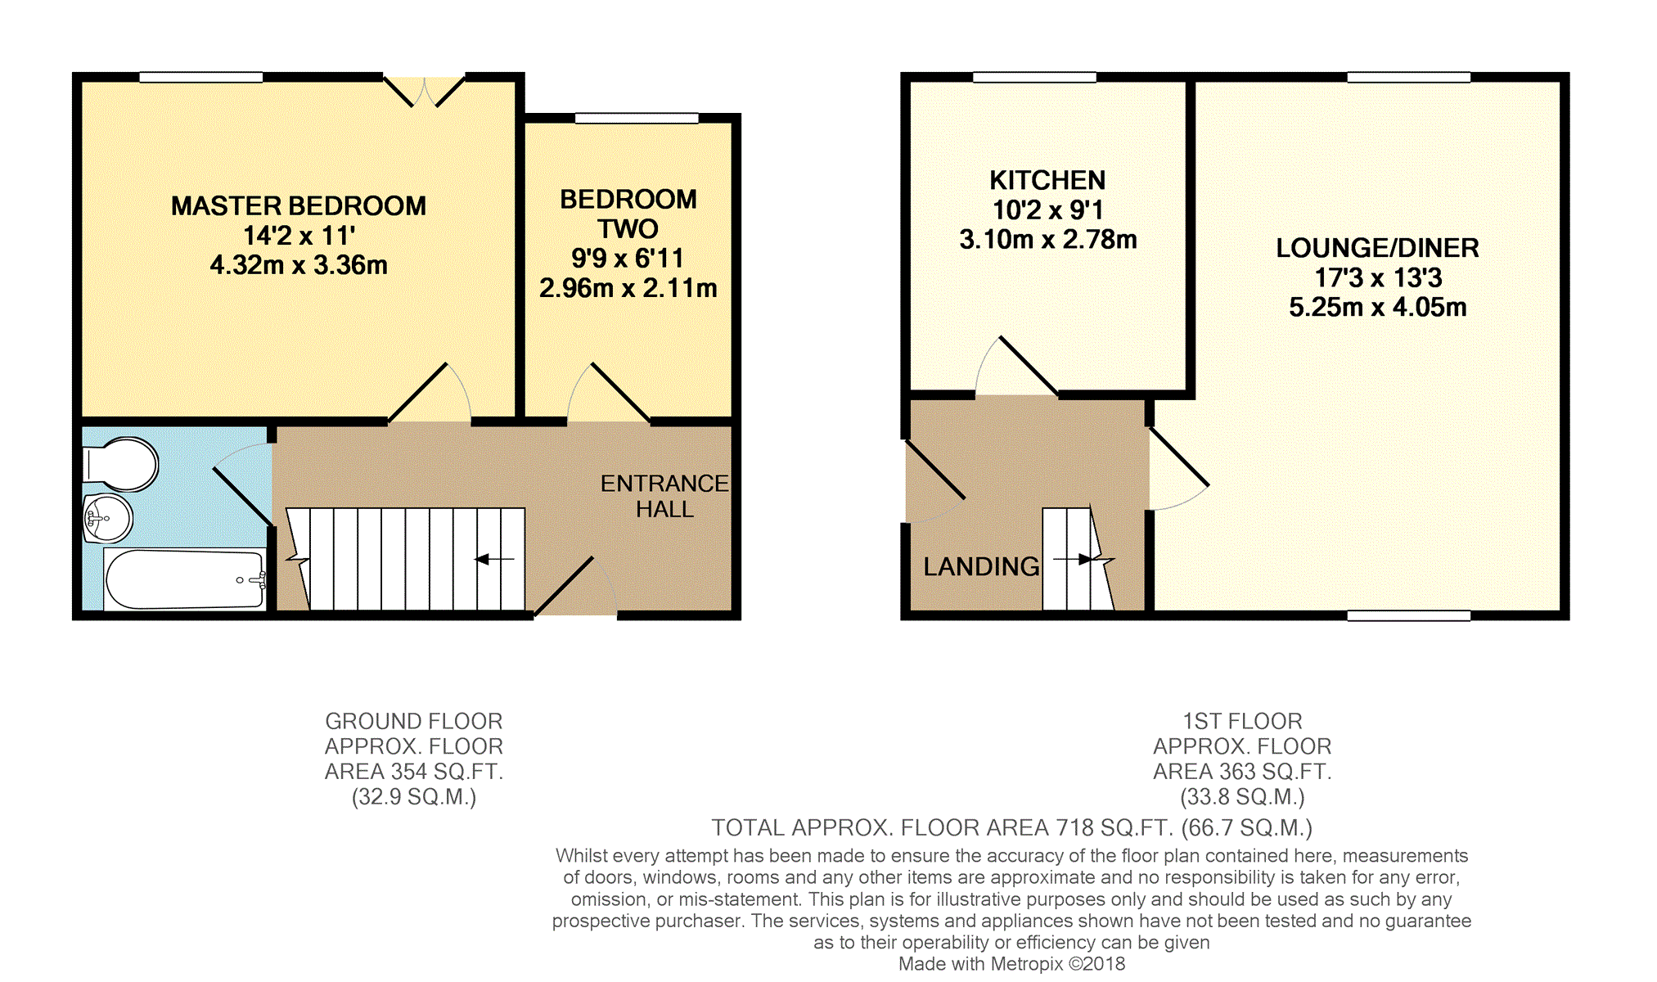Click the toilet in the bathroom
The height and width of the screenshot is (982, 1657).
click(x=121, y=464)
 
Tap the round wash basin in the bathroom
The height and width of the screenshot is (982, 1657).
click(x=108, y=518)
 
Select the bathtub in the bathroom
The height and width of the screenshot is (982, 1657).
click(x=185, y=579)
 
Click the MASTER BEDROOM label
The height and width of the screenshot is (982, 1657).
click(x=299, y=205)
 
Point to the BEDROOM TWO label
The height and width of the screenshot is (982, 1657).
click(x=628, y=214)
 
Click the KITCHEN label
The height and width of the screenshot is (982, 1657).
click(x=1047, y=180)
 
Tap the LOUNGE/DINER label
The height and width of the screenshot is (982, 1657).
click(x=1377, y=248)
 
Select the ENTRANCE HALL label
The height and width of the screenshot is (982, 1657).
click(x=664, y=496)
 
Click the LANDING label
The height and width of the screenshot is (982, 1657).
click(x=981, y=566)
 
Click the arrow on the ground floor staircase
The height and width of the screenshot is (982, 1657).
click(x=494, y=560)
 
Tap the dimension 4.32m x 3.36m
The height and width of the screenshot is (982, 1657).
click(x=299, y=265)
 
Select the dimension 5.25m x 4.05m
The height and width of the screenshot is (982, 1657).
click(x=1377, y=308)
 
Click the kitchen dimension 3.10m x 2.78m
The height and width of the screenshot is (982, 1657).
click(x=1047, y=240)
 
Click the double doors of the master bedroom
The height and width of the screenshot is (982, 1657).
click(x=425, y=91)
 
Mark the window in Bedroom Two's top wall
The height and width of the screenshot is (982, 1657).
click(x=637, y=119)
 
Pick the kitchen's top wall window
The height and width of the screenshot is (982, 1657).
click(x=1034, y=78)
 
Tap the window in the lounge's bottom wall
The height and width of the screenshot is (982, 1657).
click(x=1408, y=615)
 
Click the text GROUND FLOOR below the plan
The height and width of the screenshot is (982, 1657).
click(x=414, y=721)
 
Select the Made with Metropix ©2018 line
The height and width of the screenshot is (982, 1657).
click(x=1011, y=964)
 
